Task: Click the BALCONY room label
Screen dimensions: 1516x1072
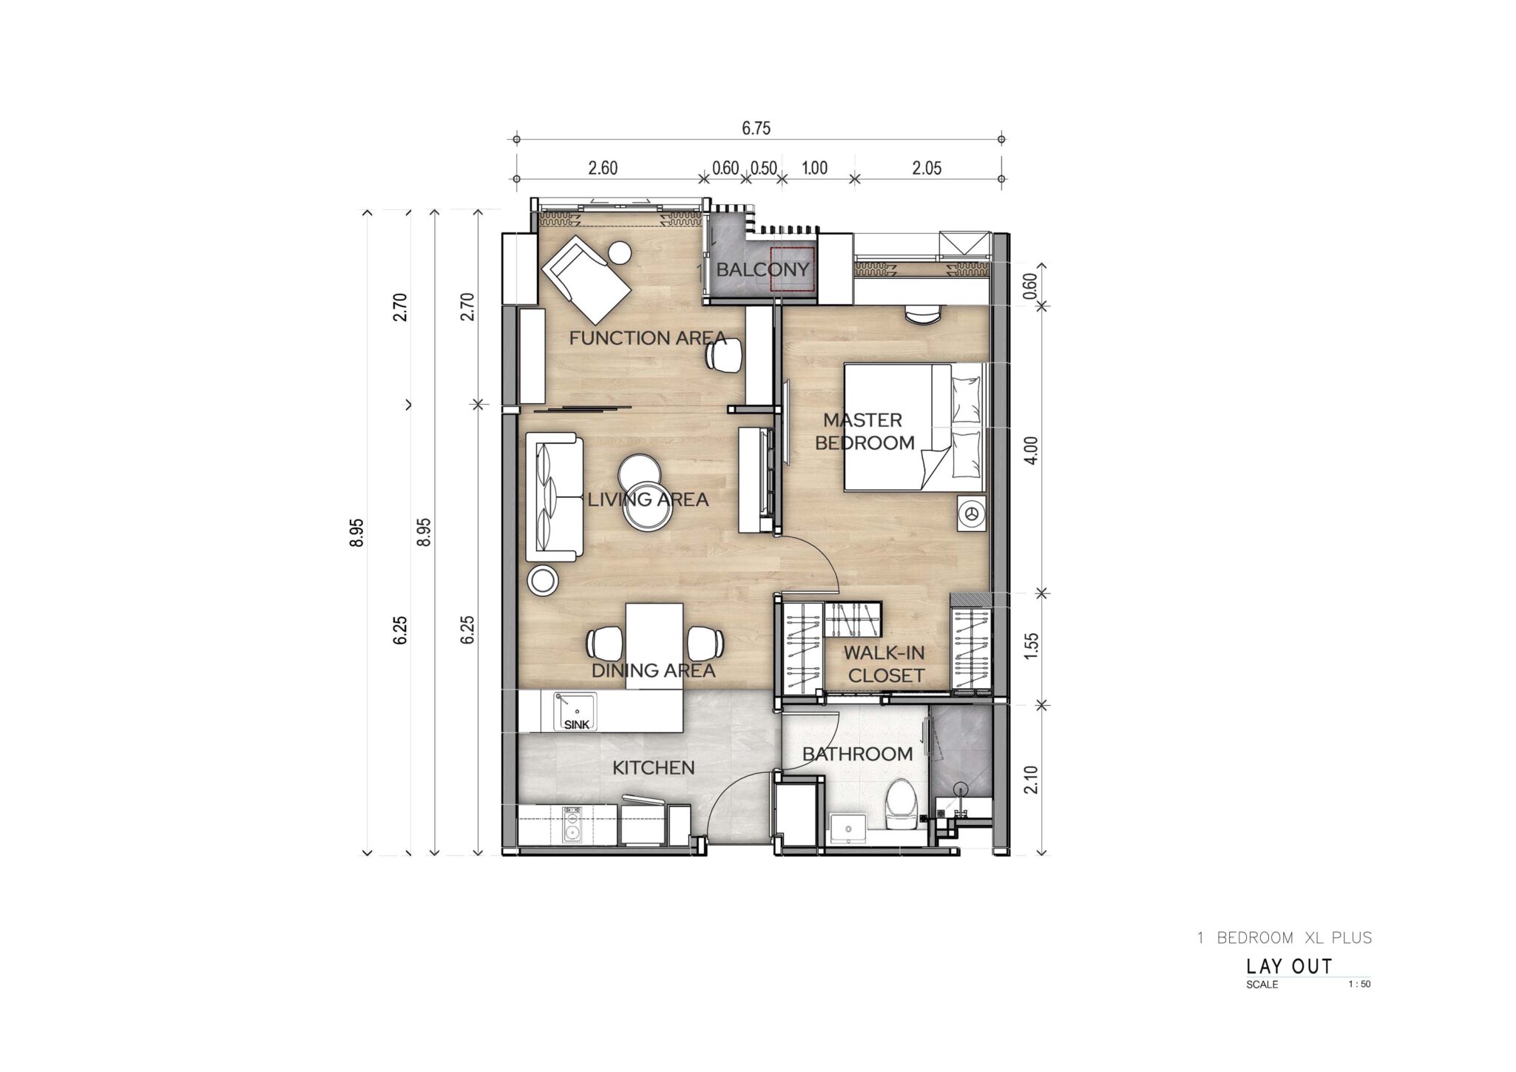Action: (x=762, y=269)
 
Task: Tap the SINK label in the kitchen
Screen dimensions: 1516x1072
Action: (x=577, y=725)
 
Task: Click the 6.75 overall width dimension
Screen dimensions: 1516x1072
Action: (x=756, y=129)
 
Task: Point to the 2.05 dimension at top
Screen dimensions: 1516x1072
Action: (x=927, y=168)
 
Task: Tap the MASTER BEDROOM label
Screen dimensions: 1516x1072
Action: (x=864, y=431)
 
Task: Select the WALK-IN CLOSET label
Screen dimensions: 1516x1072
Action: (x=885, y=664)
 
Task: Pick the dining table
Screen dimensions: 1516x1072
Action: (x=654, y=646)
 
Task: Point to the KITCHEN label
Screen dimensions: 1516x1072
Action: (x=654, y=768)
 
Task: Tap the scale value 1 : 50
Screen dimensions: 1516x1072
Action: (x=1359, y=984)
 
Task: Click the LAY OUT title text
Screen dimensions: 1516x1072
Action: (x=1289, y=966)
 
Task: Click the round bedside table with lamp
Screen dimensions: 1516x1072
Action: (x=971, y=513)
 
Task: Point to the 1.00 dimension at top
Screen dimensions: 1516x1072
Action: (x=814, y=168)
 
